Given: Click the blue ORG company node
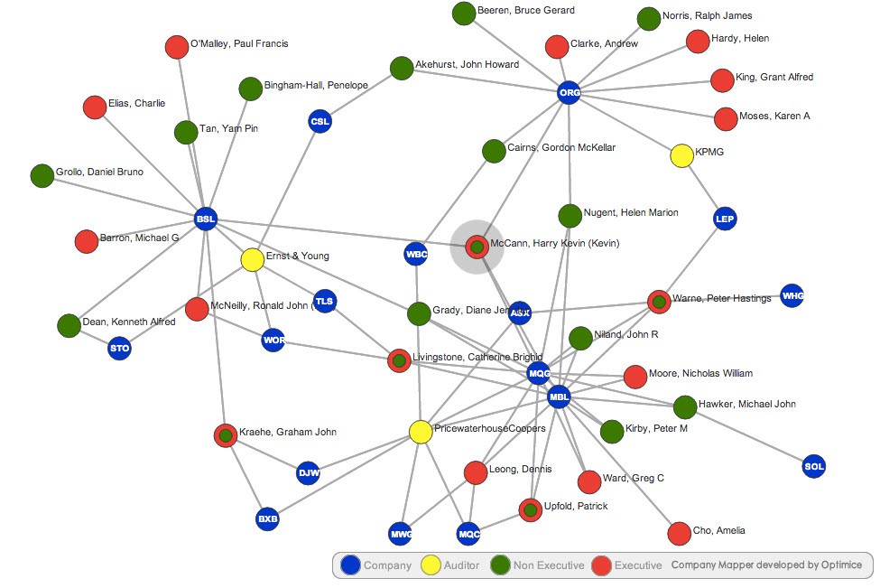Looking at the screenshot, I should click(569, 92).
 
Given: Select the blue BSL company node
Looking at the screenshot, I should click(206, 219).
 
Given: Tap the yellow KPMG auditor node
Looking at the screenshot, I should click(682, 155).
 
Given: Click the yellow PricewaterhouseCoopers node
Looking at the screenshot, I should click(420, 432).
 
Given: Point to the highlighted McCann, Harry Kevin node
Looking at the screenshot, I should click(477, 246).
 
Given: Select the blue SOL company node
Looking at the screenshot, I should click(813, 467).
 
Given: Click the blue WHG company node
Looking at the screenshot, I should click(792, 295).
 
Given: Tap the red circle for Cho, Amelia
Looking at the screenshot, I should click(680, 533).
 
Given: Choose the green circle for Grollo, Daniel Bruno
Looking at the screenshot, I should click(42, 175).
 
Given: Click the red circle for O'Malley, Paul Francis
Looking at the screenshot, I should click(177, 47).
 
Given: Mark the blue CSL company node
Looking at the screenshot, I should click(320, 121).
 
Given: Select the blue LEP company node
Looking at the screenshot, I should click(725, 219).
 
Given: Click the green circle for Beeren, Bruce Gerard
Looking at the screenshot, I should click(463, 14).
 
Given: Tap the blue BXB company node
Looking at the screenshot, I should click(267, 519).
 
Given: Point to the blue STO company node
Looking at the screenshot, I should click(120, 348).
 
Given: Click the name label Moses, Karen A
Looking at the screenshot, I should click(774, 117).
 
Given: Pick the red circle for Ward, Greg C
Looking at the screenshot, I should click(588, 481).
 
